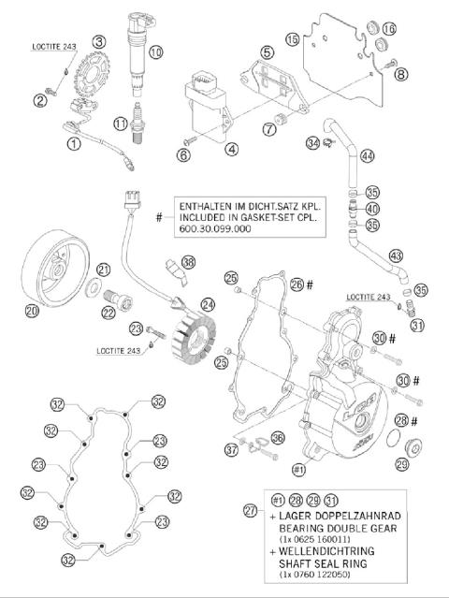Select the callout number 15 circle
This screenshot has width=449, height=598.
[293, 38]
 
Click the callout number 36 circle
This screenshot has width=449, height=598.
[277, 436]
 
